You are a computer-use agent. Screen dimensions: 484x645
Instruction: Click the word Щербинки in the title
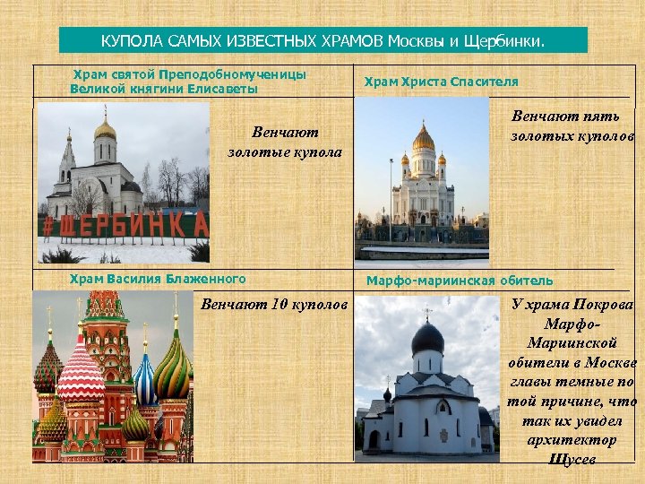coord(509,41)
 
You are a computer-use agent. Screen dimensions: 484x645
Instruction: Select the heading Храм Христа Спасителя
coord(441,82)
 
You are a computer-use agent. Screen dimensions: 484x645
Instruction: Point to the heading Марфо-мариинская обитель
coord(460,281)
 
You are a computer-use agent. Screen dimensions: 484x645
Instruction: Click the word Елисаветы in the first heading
coord(222,89)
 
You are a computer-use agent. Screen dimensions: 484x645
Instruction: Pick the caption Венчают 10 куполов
coord(274,305)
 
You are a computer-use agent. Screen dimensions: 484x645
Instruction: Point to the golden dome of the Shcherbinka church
coord(105,131)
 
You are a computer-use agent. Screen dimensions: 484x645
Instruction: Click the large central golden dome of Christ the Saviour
coord(423,139)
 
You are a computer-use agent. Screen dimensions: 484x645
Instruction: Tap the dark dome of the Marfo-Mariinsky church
coord(427,338)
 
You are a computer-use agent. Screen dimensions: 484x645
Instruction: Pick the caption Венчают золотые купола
coord(284,142)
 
